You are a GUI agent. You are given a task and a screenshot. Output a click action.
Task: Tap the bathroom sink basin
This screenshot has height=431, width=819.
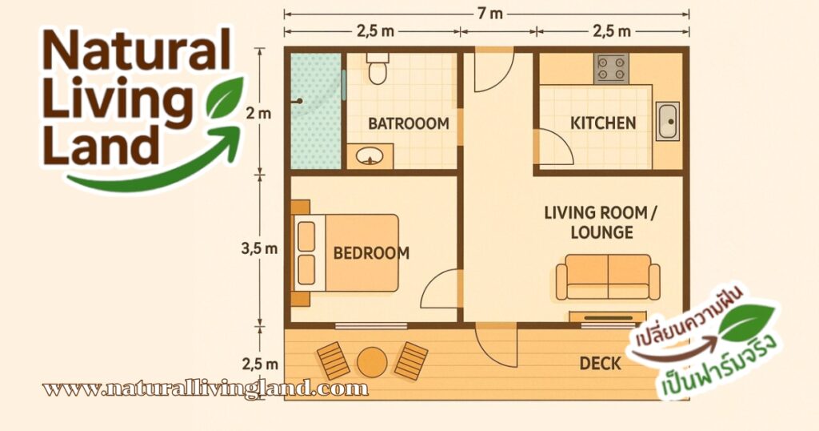coord(370,156)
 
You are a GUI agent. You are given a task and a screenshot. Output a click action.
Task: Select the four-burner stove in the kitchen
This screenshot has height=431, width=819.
coord(610,68)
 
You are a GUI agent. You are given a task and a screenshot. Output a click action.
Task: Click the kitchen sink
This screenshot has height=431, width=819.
coord(667,121)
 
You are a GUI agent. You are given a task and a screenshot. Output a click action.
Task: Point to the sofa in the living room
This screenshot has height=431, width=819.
coord(608,277)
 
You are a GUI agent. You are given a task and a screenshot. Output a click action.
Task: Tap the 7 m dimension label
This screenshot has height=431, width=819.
coord(490,14)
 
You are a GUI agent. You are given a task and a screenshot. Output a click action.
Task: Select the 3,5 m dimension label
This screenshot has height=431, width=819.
coord(259,248)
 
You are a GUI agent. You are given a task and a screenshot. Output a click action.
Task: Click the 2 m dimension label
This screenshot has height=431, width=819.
coord(259,113)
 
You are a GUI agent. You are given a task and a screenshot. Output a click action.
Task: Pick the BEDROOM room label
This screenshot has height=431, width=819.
coord(371,253)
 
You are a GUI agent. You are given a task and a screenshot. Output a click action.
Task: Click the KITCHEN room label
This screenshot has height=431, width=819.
coord(603,123)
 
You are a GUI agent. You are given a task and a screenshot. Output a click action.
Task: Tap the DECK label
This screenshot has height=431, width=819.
coord(600,364)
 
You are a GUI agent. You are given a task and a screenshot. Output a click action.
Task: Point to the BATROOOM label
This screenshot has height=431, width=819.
coord(409,124)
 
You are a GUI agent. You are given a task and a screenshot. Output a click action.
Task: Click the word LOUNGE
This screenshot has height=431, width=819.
coord(601,232)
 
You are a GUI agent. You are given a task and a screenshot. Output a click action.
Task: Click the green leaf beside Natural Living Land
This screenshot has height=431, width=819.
coord(225,97)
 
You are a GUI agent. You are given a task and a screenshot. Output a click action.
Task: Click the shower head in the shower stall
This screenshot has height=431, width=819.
coord(300,101)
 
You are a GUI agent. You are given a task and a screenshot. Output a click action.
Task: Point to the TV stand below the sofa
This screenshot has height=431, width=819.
coord(608,317)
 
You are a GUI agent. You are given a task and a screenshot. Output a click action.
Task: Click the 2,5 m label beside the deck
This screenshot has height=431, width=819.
coord(260,363)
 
